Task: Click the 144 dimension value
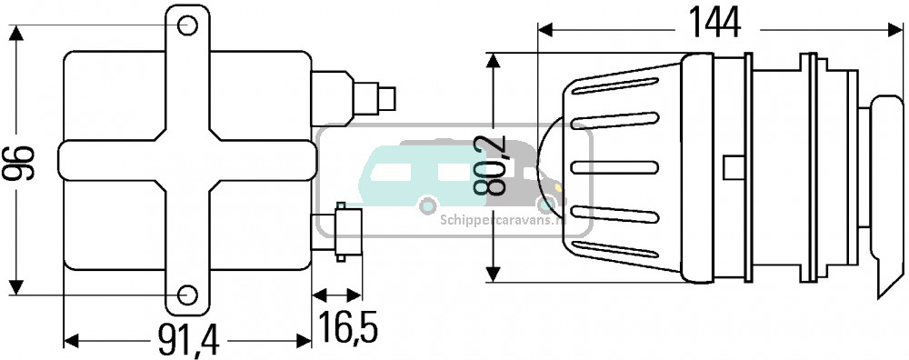click(714, 25)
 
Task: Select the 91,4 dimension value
click(188, 340)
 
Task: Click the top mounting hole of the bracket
click(187, 25)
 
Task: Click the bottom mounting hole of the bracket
click(186, 295)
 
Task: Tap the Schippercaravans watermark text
click(503, 220)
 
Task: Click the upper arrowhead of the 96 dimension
click(16, 33)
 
